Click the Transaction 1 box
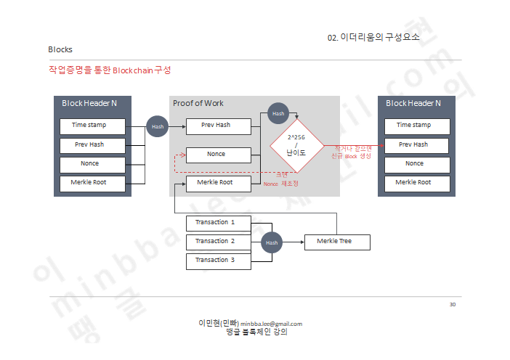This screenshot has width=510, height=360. point(218,222)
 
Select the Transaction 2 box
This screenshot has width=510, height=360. point(218,241)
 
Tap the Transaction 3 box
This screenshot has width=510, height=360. point(218,260)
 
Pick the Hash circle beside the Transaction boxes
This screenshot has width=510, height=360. point(271,242)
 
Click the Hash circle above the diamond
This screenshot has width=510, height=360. point(278,113)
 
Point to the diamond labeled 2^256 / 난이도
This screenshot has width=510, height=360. point(296,146)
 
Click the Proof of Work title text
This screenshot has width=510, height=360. point(198,104)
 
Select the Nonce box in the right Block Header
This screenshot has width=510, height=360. point(413,164)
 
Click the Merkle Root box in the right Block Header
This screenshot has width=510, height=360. point(413,183)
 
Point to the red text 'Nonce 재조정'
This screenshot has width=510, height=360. point(280,184)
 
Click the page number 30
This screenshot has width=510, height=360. point(452,304)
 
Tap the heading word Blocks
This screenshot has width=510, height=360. point(60,49)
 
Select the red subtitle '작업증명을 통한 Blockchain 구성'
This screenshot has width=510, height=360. point(110,70)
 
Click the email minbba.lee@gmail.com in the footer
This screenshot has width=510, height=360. point(271,324)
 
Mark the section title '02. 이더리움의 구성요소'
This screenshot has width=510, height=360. point(373,37)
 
